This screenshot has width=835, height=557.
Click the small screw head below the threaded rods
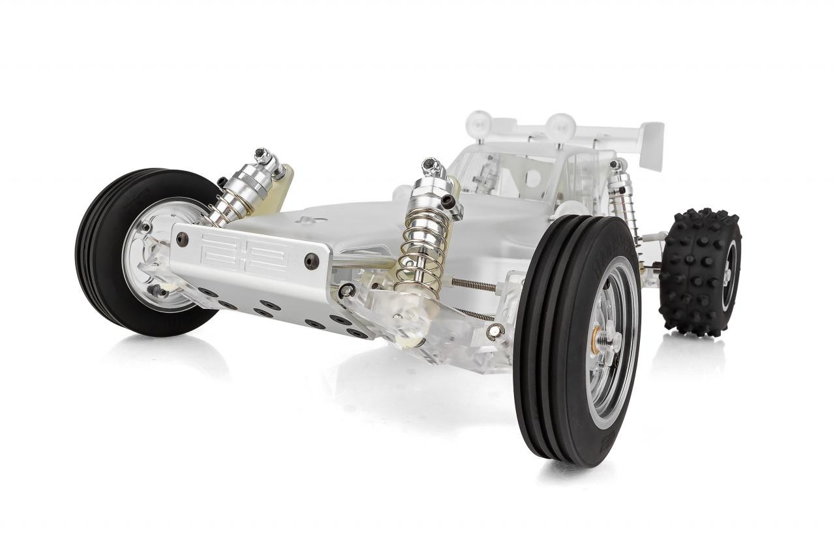point(496,331)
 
